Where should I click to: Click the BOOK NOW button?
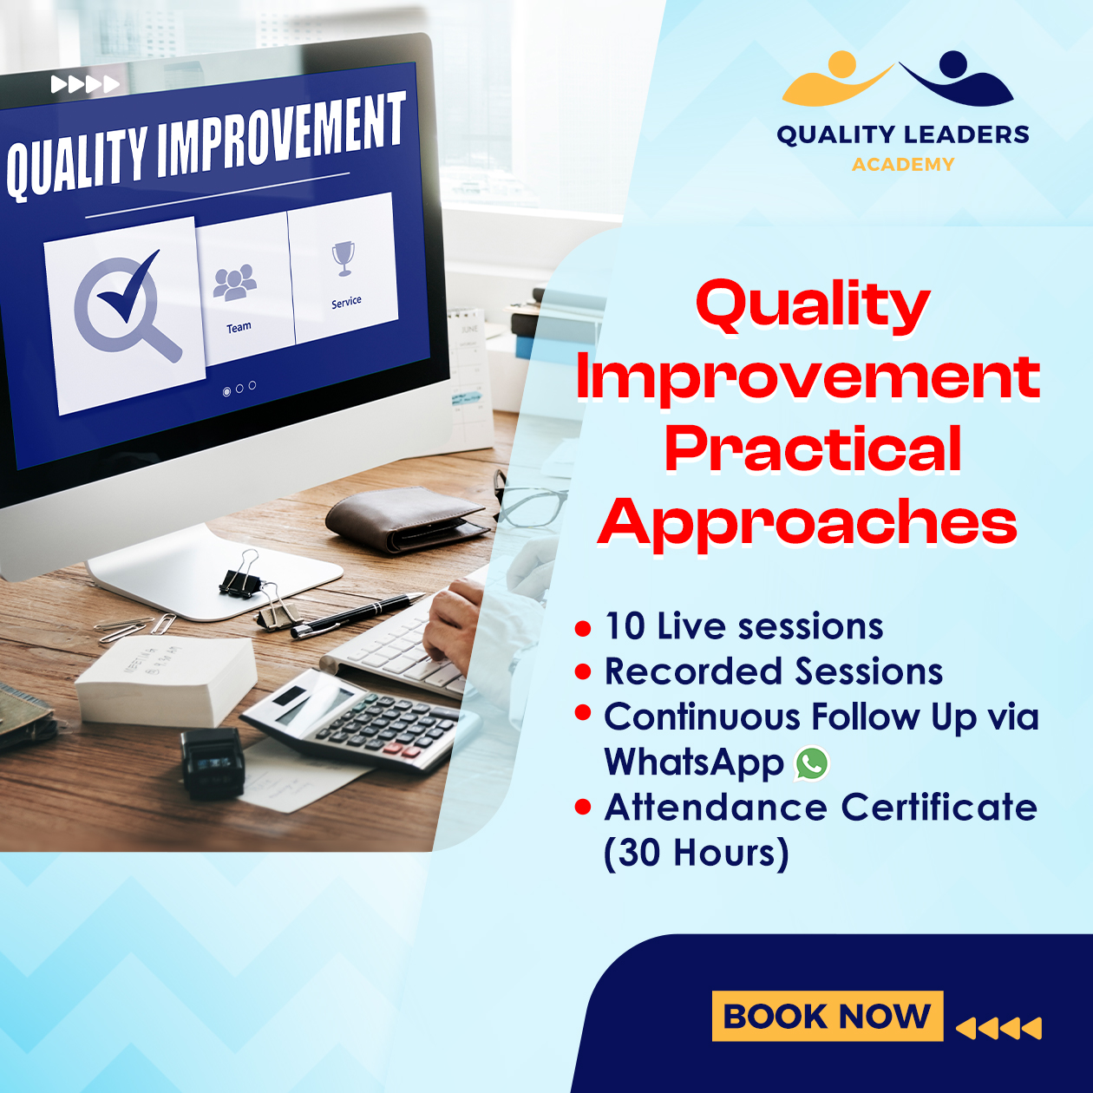[x=827, y=1016]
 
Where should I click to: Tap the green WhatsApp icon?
[x=812, y=763]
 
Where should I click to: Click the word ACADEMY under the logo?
[x=903, y=165]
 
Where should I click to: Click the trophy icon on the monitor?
[x=344, y=259]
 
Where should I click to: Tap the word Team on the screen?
[x=239, y=327]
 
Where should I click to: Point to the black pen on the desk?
[x=357, y=614]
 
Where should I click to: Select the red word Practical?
[x=812, y=450]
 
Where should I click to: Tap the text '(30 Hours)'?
[x=697, y=853]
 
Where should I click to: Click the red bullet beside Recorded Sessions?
[x=583, y=672]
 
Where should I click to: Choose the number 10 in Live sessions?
[x=625, y=627]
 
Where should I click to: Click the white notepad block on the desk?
[x=166, y=681]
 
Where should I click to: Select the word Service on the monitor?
[x=346, y=302]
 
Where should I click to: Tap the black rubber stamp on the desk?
[x=213, y=762]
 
